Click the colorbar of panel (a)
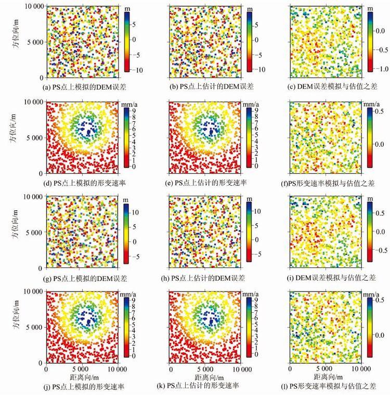coord(127,41)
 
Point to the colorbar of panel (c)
coord(370,41)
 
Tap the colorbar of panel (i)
coord(370,232)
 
